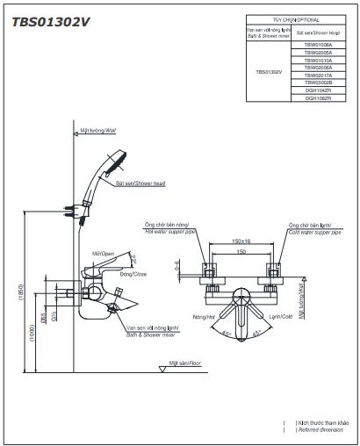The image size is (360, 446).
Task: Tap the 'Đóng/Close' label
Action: pyautogui.click(x=133, y=275)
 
